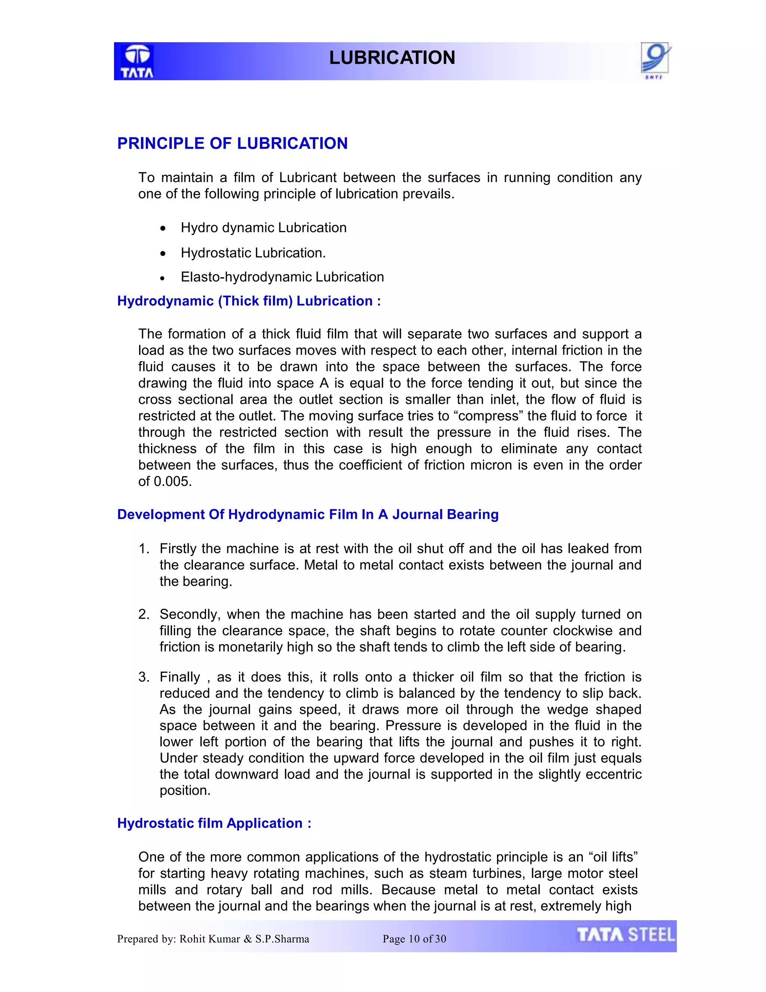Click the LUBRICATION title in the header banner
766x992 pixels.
click(x=392, y=58)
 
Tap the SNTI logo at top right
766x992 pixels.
click(x=655, y=60)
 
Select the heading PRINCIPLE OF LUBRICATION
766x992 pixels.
click(x=232, y=143)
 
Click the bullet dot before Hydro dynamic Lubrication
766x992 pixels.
click(x=163, y=228)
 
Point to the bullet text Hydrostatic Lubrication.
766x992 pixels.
click(x=253, y=253)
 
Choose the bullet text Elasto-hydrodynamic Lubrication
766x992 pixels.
click(x=282, y=277)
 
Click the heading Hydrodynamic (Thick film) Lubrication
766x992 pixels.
click(x=249, y=301)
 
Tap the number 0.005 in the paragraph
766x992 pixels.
click(x=172, y=481)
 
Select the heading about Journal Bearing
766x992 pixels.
click(x=308, y=515)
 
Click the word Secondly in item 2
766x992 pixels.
click(x=190, y=615)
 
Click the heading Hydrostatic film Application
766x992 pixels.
click(x=214, y=824)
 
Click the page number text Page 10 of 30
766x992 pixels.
click(x=414, y=939)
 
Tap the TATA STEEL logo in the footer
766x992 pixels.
click(x=625, y=935)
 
